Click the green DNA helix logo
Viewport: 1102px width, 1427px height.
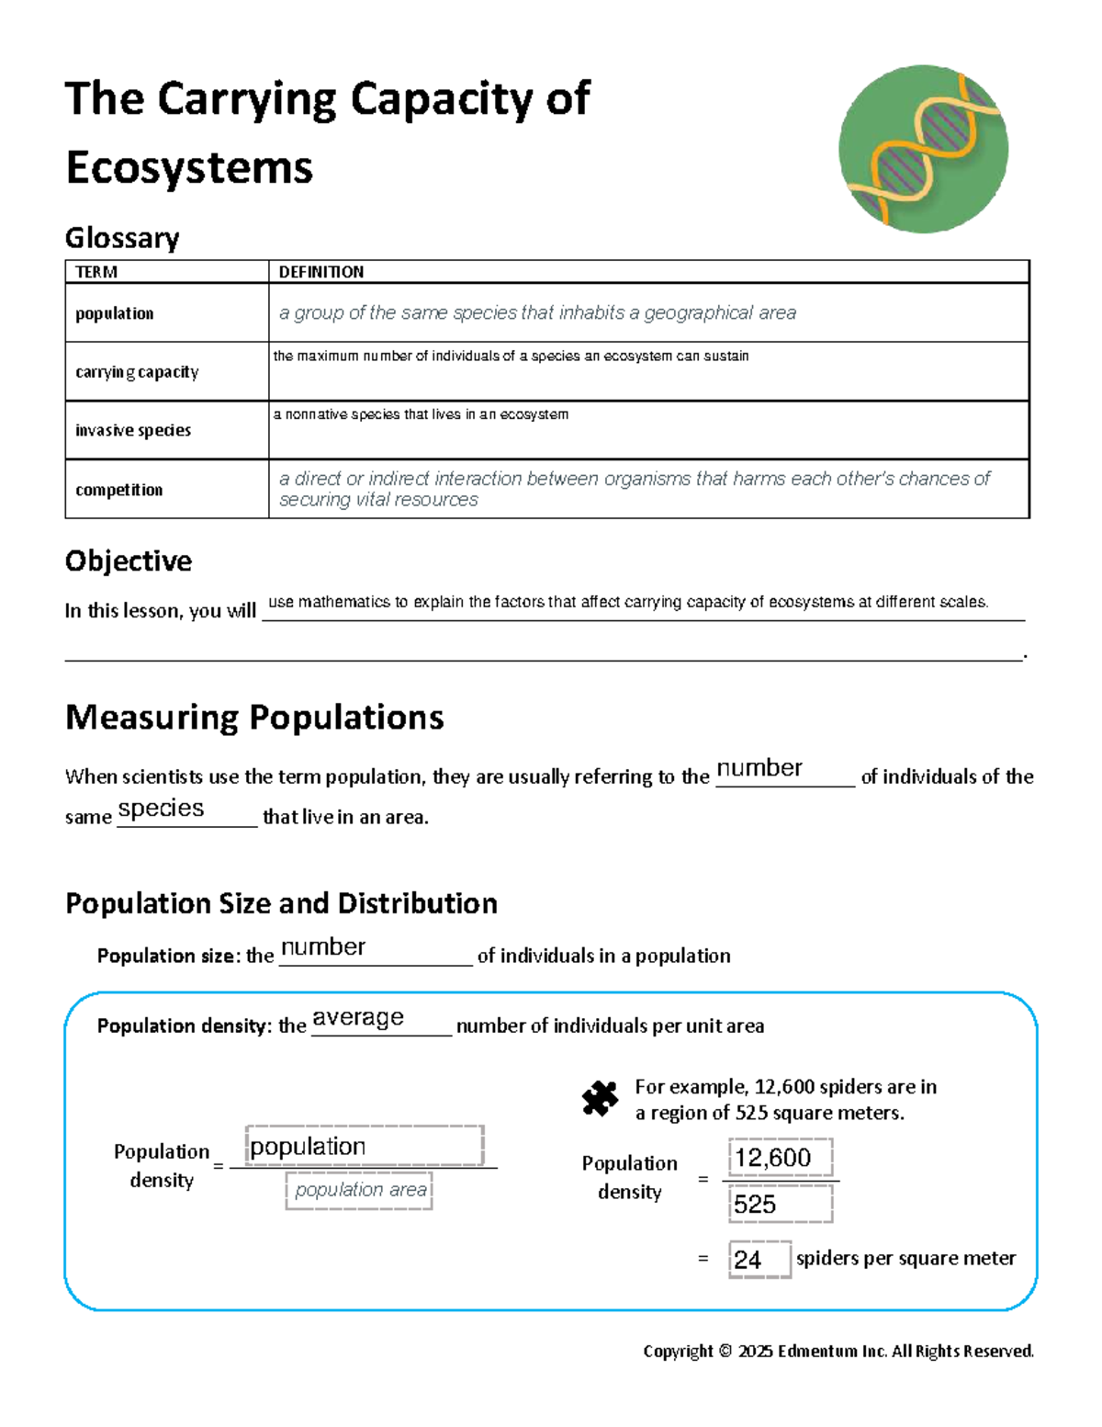[x=923, y=149]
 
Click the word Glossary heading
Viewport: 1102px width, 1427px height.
[x=122, y=238]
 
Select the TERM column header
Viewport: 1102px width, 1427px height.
[x=96, y=272]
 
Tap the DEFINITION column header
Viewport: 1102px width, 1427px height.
[x=321, y=272]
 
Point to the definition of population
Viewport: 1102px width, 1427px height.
[x=537, y=313]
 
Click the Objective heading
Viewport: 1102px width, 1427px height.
[x=129, y=561]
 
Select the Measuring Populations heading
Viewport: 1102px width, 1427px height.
[x=254, y=718]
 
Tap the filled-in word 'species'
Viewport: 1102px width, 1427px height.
[x=162, y=809]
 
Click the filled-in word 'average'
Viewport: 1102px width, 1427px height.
[x=358, y=1018]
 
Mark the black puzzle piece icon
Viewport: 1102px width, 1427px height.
[x=600, y=1098]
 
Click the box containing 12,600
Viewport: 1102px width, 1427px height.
[x=780, y=1158]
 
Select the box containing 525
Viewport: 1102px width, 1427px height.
[x=780, y=1204]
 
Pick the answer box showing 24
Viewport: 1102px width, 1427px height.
[x=759, y=1259]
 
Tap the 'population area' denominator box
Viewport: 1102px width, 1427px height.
[x=359, y=1190]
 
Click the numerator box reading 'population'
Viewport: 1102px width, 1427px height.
[x=364, y=1147]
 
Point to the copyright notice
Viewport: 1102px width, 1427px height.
[x=838, y=1351]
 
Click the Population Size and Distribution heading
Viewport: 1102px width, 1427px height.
[x=281, y=904]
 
